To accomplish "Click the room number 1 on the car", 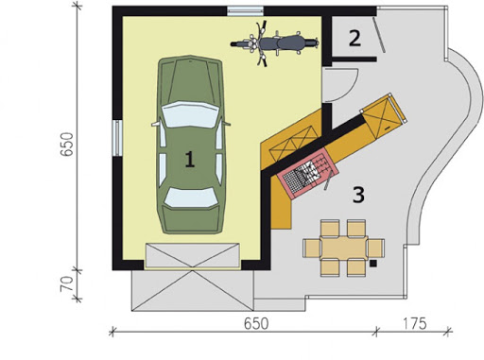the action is click(189, 159).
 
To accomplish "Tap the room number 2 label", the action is click(354, 38).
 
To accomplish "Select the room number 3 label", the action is click(358, 195).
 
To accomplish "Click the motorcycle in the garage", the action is click(274, 43).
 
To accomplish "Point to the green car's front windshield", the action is click(190, 114).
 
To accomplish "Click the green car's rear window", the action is click(191, 197).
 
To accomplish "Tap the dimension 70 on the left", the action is click(67, 283).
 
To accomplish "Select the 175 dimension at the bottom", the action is click(414, 324).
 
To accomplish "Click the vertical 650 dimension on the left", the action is click(67, 145).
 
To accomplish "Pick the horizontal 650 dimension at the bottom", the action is click(256, 324).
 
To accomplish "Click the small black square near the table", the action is click(373, 264).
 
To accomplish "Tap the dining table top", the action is click(344, 248).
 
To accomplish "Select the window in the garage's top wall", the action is click(246, 10).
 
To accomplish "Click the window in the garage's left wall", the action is click(117, 138).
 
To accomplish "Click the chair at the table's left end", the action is click(312, 248).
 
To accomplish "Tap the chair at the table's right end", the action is click(376, 248).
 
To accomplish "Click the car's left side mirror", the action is click(156, 124).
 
